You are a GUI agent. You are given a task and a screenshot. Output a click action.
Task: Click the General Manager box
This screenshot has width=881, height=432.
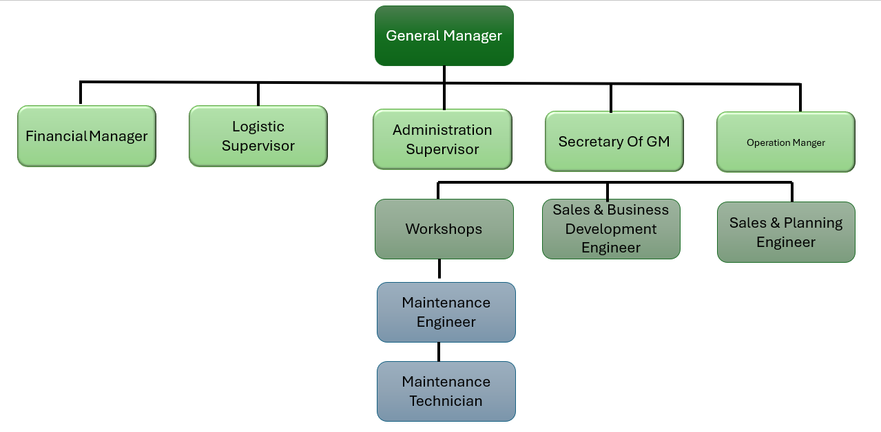pos(444,36)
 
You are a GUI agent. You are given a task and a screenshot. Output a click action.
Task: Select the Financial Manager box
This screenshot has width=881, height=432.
pos(87,136)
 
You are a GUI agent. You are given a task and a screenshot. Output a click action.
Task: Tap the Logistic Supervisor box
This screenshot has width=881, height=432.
pos(258,136)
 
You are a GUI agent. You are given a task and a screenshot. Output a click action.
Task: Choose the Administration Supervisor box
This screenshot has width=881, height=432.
pos(442,139)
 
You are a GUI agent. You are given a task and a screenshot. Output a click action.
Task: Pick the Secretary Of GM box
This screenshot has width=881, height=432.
pos(614,142)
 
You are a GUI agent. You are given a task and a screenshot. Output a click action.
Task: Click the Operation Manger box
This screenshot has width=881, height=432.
pos(785,142)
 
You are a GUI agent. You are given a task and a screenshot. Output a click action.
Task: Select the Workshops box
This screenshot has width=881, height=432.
pos(444,229)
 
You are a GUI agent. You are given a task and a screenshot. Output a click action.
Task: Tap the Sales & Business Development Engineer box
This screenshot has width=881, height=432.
pos(611,229)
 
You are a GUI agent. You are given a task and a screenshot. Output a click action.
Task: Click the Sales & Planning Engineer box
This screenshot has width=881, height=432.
pos(786,233)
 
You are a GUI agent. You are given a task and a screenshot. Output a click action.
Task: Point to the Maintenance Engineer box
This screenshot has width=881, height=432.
pos(446,312)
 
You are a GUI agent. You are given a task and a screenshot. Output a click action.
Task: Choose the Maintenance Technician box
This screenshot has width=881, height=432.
pos(446,391)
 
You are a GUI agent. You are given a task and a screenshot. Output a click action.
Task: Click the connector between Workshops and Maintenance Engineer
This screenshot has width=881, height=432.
pos(439,270)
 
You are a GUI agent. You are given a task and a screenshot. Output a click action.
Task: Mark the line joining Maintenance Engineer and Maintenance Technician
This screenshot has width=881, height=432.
pos(439,352)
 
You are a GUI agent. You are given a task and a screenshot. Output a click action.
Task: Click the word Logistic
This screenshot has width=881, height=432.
pos(258,127)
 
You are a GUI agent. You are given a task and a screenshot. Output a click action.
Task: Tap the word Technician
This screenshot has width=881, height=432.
pos(446,401)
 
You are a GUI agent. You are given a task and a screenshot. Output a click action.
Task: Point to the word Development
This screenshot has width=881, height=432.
pos(611,229)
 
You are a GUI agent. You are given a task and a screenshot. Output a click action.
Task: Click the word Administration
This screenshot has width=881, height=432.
pos(442,130)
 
